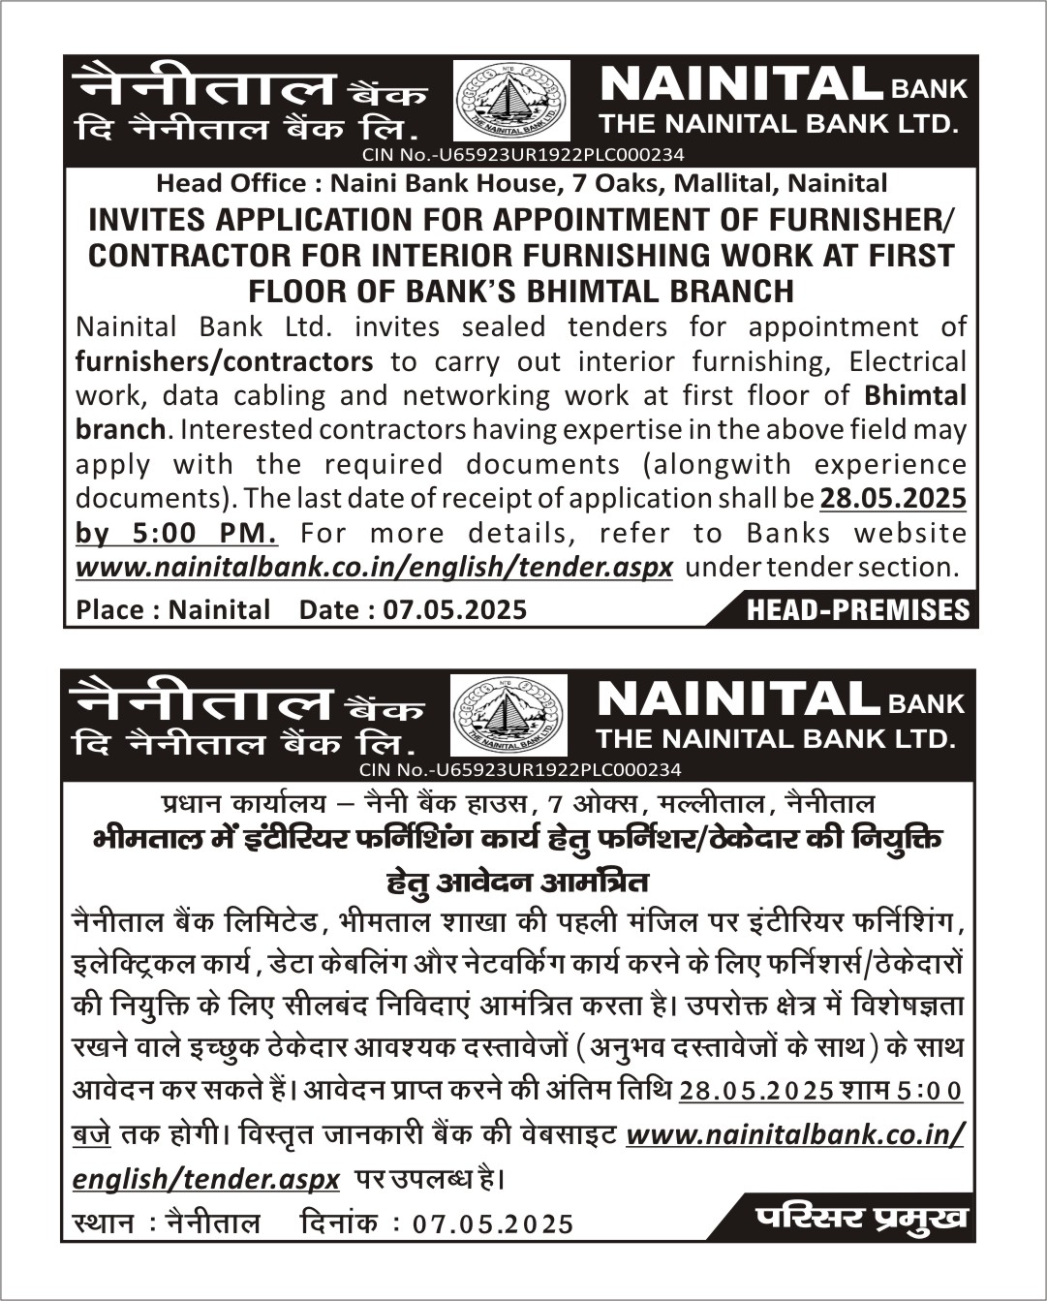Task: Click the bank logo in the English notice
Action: [x=512, y=101]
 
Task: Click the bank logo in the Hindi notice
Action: [x=509, y=715]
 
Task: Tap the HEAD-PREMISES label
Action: [x=857, y=609]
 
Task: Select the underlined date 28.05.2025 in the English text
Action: [x=893, y=498]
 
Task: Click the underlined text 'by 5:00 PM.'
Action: [x=176, y=533]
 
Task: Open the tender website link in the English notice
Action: [x=374, y=567]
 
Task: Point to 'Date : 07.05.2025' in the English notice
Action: [x=413, y=609]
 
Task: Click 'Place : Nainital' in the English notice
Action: [x=173, y=609]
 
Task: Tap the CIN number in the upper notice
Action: [x=523, y=155]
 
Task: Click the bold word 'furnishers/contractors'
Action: [x=224, y=361]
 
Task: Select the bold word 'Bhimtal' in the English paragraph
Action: [x=915, y=395]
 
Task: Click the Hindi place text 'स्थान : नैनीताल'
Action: [x=168, y=1224]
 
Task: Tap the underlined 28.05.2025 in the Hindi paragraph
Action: [x=755, y=1091]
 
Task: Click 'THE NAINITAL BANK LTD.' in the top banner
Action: [x=779, y=124]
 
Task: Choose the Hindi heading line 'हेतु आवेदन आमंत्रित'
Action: [x=518, y=883]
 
